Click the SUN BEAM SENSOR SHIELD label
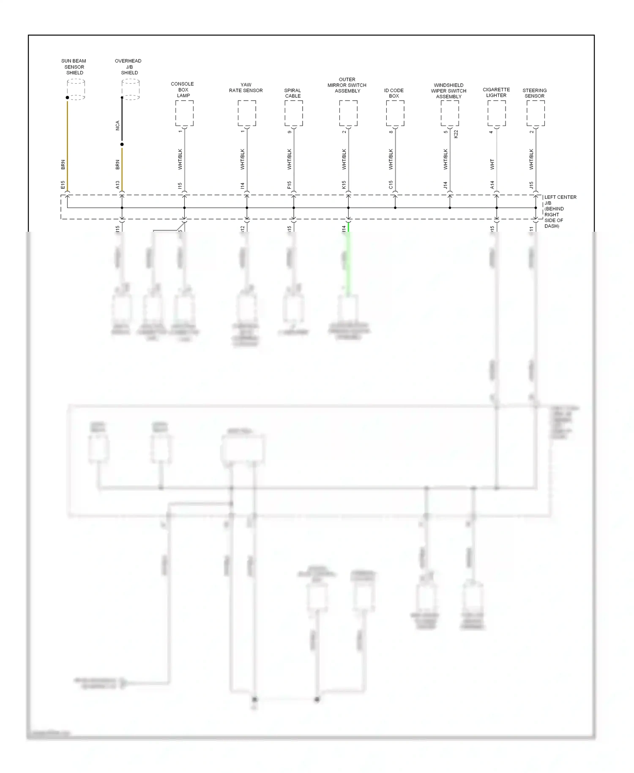(x=74, y=67)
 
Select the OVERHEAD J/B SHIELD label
(x=128, y=67)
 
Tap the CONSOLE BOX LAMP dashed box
(x=184, y=113)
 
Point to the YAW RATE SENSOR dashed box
(x=247, y=113)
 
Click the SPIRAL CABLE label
(x=292, y=93)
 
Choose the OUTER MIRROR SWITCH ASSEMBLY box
(x=348, y=113)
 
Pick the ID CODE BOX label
(x=394, y=93)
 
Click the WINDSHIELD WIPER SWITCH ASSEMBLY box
(x=450, y=113)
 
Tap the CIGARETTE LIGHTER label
(x=496, y=92)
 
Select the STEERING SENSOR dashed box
(x=536, y=113)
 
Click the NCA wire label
(x=118, y=126)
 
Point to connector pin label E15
(x=63, y=185)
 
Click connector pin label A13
(x=118, y=185)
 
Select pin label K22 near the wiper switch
(x=456, y=134)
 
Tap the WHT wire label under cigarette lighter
(x=492, y=164)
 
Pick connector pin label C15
(x=391, y=185)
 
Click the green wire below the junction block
(x=348, y=258)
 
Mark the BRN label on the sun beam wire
(x=63, y=164)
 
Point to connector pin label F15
(x=289, y=185)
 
